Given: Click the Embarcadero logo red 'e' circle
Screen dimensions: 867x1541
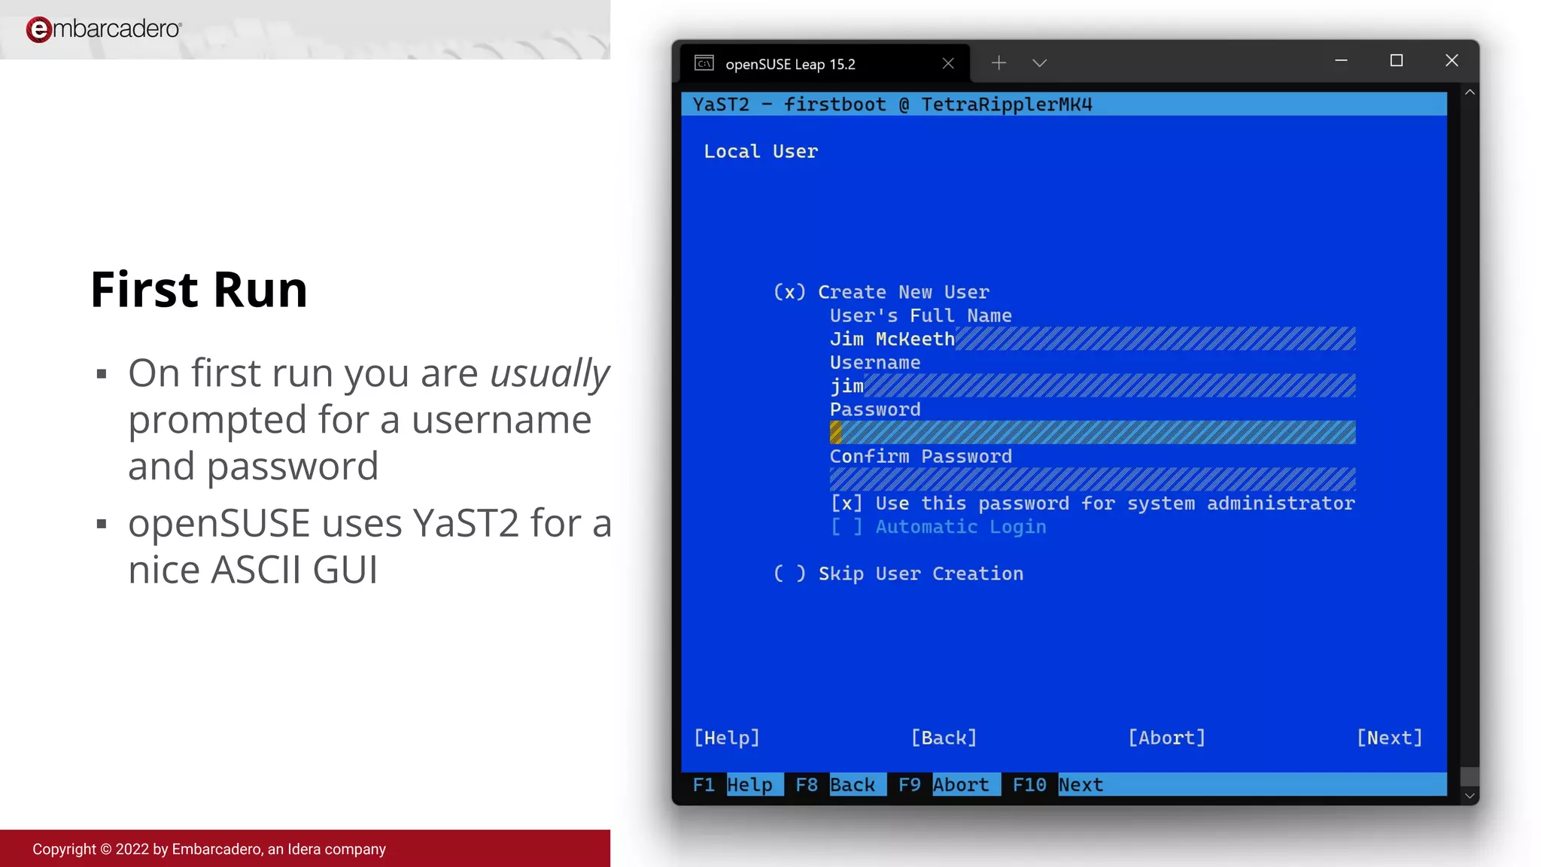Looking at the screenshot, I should tap(38, 29).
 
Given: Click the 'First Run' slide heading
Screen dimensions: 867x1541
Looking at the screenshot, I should tap(199, 290).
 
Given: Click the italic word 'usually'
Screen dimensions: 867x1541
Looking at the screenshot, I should tap(549, 374).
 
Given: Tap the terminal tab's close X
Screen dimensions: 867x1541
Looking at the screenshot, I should tap(948, 64).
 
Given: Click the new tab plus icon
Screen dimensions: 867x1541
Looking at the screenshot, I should tap(998, 63).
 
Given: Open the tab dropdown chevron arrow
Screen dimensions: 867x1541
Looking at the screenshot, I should tap(1039, 63).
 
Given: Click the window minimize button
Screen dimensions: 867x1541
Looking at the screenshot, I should tap(1341, 61).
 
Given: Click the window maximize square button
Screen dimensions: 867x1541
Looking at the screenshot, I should tap(1397, 61).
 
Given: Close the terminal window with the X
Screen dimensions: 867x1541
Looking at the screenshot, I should tap(1451, 61).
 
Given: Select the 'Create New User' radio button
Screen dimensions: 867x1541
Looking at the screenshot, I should tap(789, 293).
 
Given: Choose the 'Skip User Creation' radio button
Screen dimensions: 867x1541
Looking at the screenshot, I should tap(789, 574).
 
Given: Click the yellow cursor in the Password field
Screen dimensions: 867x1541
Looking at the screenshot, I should tap(836, 433).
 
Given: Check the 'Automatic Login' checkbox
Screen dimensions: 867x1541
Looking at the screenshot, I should tap(846, 528).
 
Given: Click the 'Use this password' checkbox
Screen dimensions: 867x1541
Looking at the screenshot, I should tap(846, 504).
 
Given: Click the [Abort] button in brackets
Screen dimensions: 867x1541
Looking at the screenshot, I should tap(1166, 738).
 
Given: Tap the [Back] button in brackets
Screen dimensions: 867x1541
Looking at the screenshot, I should tap(944, 738).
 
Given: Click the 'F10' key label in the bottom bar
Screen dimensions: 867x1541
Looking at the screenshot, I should tap(1029, 785).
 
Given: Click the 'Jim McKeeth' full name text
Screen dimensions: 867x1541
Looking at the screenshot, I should tap(892, 340).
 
